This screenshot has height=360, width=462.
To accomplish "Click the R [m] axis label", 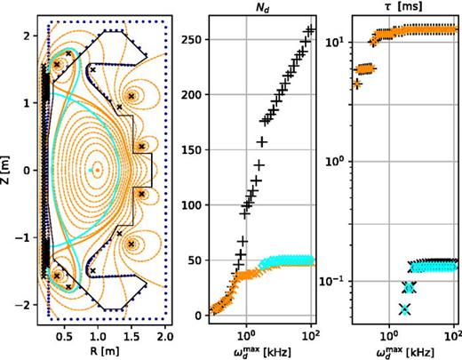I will coord(96,349).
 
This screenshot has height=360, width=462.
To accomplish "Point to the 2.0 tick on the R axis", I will coord(165,337).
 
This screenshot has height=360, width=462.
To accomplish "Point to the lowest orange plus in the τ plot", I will coord(357,84).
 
